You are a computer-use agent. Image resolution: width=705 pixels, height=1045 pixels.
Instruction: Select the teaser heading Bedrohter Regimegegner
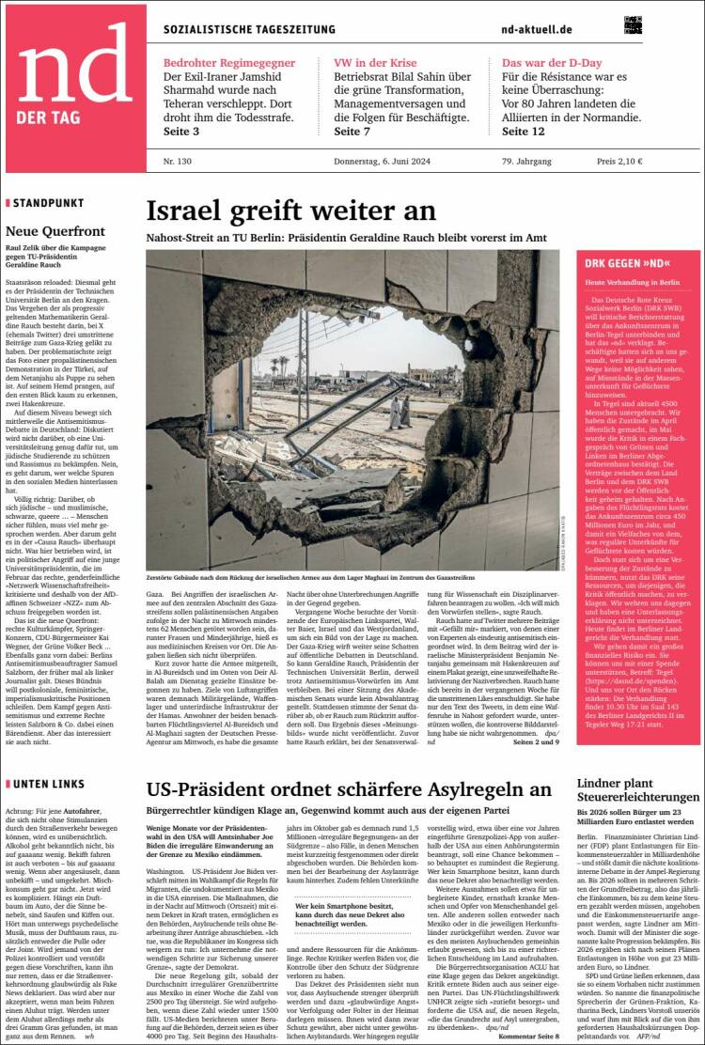click(229, 63)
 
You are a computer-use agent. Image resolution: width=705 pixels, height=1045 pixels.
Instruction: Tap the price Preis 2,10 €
click(619, 161)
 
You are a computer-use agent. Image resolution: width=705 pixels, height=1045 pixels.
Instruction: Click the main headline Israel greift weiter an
click(291, 211)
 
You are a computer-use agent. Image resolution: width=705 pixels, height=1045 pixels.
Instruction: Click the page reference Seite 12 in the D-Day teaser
click(524, 131)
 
